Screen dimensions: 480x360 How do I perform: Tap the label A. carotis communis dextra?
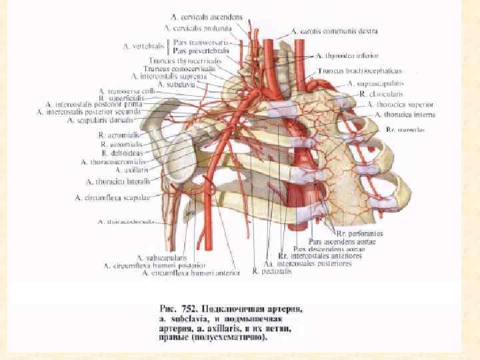click(x=335, y=31)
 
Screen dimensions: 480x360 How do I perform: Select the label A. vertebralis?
click(x=143, y=46)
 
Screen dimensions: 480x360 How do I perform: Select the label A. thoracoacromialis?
click(x=112, y=161)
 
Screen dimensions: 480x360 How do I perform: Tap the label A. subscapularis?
click(x=162, y=257)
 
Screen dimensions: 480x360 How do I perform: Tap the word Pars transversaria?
click(x=200, y=42)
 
